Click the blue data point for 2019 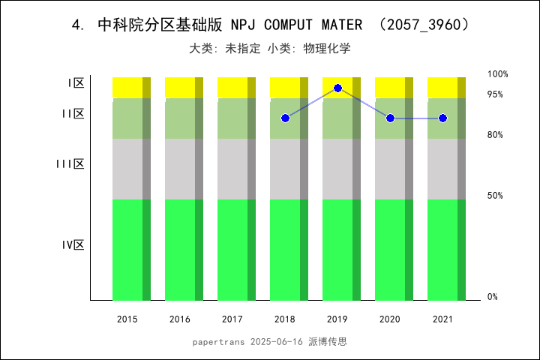pyautogui.click(x=337, y=88)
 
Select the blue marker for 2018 pyautogui.click(x=285, y=118)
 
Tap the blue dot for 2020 pyautogui.click(x=390, y=118)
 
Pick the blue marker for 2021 pyautogui.click(x=442, y=118)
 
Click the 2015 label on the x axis pyautogui.click(x=127, y=319)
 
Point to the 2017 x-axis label pyautogui.click(x=232, y=319)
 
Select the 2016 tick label pyautogui.click(x=180, y=319)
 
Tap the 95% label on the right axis pyautogui.click(x=495, y=94)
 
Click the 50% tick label pyautogui.click(x=495, y=196)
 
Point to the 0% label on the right pyautogui.click(x=493, y=297)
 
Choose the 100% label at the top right pyautogui.click(x=498, y=74)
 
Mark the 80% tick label pyautogui.click(x=495, y=135)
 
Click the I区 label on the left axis pyautogui.click(x=76, y=83)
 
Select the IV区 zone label pyautogui.click(x=73, y=245)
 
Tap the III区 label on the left pyautogui.click(x=70, y=163)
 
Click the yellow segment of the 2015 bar pyautogui.click(x=127, y=87)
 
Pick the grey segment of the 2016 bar pyautogui.click(x=180, y=169)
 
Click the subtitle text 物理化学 pyautogui.click(x=327, y=49)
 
